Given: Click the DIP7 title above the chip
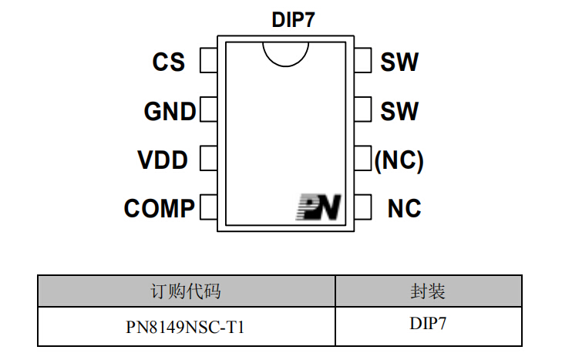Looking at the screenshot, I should click(x=293, y=20).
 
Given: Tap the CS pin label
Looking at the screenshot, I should click(x=169, y=62).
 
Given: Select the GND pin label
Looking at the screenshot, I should click(x=170, y=112).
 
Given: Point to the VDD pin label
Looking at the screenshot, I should click(x=163, y=160).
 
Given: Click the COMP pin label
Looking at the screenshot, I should click(x=160, y=209).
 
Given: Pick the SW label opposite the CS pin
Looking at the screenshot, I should click(x=399, y=62).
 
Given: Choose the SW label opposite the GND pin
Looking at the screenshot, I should click(x=399, y=112).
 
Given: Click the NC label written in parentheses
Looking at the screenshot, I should click(x=399, y=160).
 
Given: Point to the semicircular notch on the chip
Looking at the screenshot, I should click(x=285, y=52).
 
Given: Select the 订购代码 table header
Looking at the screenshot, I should click(x=186, y=291).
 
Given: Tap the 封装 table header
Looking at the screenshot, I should click(x=428, y=291).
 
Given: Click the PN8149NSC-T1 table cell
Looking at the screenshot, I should click(x=186, y=327).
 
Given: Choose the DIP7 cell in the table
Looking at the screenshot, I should click(x=428, y=324).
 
